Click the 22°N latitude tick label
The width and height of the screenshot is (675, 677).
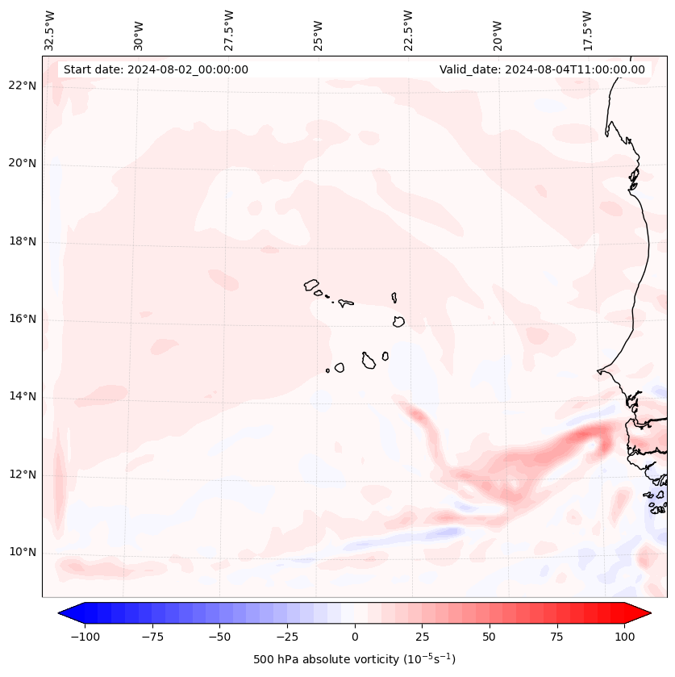click(x=23, y=86)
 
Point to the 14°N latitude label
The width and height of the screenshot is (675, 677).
click(x=23, y=396)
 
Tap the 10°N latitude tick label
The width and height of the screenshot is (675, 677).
click(x=23, y=552)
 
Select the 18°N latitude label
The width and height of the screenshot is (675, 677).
click(x=23, y=241)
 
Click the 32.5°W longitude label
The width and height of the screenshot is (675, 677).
click(x=50, y=29)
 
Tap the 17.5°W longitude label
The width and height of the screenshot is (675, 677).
click(x=588, y=29)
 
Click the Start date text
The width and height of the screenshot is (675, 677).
click(x=156, y=69)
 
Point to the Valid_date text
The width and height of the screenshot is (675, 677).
click(x=542, y=69)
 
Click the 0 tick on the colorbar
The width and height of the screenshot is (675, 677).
click(x=354, y=637)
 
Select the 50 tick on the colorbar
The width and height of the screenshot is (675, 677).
click(x=489, y=637)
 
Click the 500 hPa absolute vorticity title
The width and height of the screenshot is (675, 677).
click(x=354, y=659)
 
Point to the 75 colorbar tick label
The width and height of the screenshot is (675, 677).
click(x=556, y=637)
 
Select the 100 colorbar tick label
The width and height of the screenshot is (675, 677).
click(x=624, y=637)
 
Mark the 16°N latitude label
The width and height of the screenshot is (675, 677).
click(x=23, y=319)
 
